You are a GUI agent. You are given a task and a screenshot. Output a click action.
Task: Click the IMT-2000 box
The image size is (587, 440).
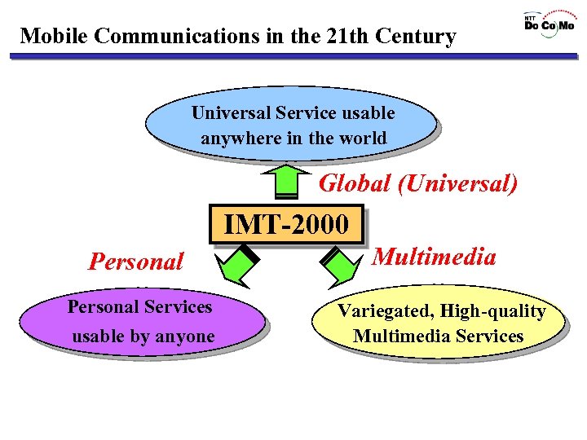pyautogui.click(x=286, y=224)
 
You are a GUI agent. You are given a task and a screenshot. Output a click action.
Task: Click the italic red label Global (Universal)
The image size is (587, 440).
pyautogui.click(x=417, y=183)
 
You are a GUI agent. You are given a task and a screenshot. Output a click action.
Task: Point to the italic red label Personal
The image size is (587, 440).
pyautogui.click(x=136, y=262)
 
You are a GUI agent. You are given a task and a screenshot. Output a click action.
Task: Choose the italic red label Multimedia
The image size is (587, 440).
pyautogui.click(x=434, y=257)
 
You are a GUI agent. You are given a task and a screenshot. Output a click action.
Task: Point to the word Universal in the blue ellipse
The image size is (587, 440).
pyautogui.click(x=231, y=112)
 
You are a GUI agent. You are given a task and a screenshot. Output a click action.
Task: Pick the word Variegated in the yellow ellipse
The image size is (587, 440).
pyautogui.click(x=377, y=311)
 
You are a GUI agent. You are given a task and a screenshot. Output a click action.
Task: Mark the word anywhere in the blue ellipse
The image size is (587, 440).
pyautogui.click(x=241, y=139)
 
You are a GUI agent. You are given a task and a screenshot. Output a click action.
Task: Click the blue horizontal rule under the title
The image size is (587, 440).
pyautogui.click(x=293, y=56)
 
